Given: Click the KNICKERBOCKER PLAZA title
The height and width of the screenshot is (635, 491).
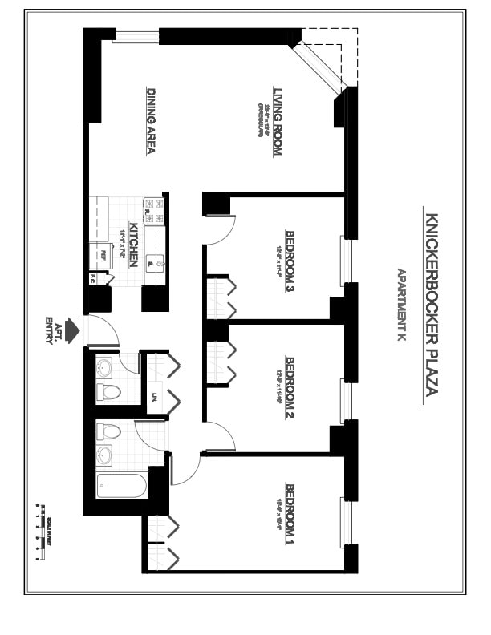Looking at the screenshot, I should pyautogui.click(x=430, y=304).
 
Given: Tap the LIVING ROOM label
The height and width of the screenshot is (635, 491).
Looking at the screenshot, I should pyautogui.click(x=278, y=120).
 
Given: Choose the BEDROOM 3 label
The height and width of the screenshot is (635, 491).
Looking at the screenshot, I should pyautogui.click(x=290, y=261).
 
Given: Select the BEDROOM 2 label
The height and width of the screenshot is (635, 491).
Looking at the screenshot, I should pyautogui.click(x=290, y=389).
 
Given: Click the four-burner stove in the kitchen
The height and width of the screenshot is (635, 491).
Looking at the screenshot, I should pyautogui.click(x=153, y=212).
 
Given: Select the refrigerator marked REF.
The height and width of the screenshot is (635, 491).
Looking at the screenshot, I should pyautogui.click(x=101, y=256).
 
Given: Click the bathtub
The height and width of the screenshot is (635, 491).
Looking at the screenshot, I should pyautogui.click(x=121, y=485).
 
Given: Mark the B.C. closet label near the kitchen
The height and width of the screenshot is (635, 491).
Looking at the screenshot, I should pyautogui.click(x=93, y=278).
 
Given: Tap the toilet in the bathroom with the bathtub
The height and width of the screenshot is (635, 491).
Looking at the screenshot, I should pyautogui.click(x=108, y=432).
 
